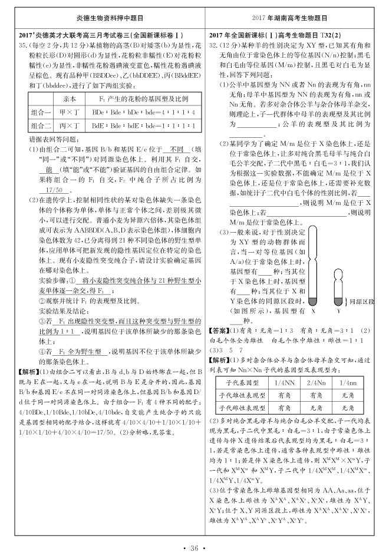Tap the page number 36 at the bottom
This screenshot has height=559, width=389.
[194, 548]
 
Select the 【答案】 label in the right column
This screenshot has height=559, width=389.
[219, 330]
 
